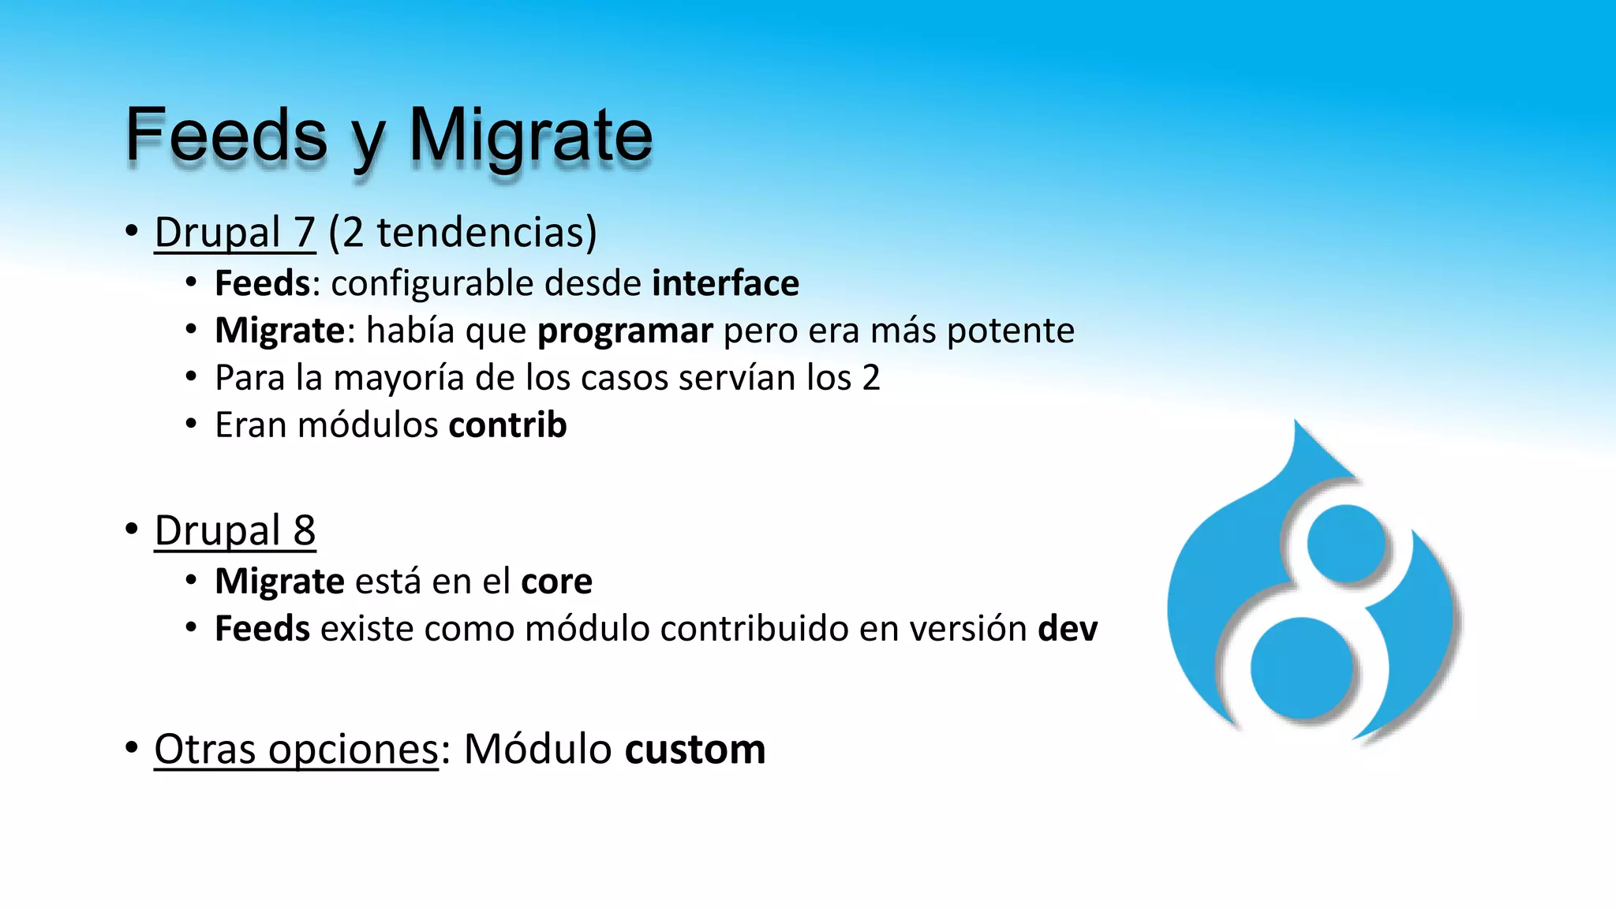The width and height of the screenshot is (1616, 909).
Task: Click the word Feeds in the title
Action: [x=226, y=136]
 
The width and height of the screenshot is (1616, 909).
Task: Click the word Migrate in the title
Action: [x=530, y=136]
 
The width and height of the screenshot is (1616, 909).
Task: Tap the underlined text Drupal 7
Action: [x=234, y=233]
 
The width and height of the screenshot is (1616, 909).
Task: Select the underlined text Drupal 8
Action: [x=234, y=530]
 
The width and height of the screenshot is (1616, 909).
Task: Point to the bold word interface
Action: [x=725, y=283]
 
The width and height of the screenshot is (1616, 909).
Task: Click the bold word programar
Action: [x=625, y=331]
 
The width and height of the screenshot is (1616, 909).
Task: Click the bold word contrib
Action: [x=507, y=425]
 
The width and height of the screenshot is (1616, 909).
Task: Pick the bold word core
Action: [x=556, y=582]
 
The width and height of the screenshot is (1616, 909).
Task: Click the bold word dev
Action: [x=1068, y=629]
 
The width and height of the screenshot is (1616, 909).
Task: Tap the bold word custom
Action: [x=694, y=749]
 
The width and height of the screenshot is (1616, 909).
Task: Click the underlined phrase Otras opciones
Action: [x=296, y=749]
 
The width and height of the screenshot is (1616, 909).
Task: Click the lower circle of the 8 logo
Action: [x=1302, y=668]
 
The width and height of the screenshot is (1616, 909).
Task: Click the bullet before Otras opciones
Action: [x=132, y=747]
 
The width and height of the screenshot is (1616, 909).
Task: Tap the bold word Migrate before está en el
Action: [x=279, y=582]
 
